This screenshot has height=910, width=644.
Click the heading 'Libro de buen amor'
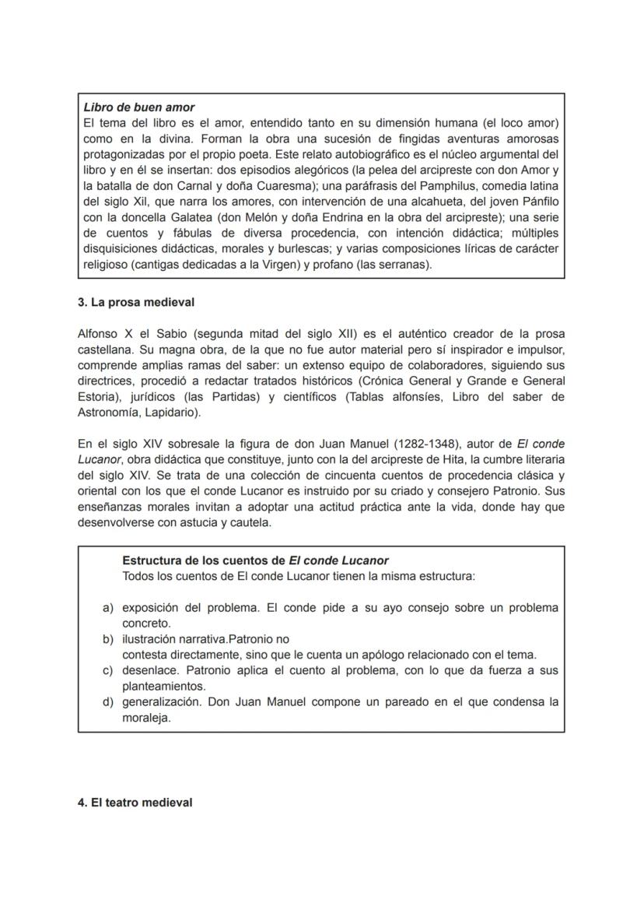tap(138, 107)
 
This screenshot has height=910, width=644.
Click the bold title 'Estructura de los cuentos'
tap(205, 560)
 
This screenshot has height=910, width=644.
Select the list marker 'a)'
tap(109, 608)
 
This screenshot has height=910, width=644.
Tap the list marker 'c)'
tap(109, 671)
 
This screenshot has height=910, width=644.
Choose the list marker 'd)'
tap(109, 702)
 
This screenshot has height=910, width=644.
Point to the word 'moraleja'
tap(145, 718)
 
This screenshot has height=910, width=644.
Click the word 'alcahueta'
tap(438, 202)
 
